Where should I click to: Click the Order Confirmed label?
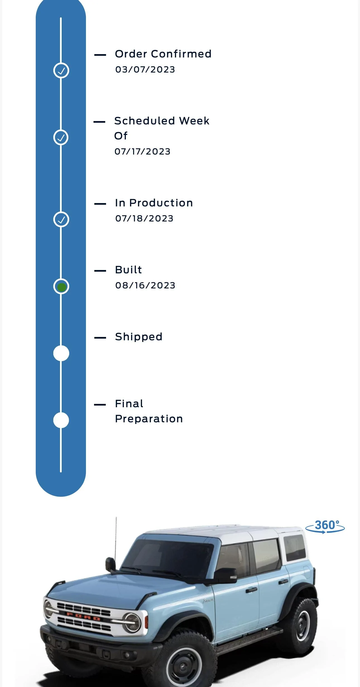(163, 54)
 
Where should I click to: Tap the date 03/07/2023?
(145, 69)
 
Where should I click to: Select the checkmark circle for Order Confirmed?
(61, 71)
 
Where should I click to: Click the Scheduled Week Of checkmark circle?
(61, 138)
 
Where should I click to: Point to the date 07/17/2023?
(142, 151)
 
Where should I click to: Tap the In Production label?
(154, 203)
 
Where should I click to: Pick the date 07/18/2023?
(144, 218)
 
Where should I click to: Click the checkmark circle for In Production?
(61, 220)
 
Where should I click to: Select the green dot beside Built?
(61, 287)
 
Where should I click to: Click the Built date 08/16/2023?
(145, 285)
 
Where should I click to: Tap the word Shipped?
(139, 337)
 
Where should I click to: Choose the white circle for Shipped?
(61, 353)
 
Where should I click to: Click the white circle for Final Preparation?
(61, 420)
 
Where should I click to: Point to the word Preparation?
(149, 419)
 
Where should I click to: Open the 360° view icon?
(325, 527)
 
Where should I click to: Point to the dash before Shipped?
(100, 338)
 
